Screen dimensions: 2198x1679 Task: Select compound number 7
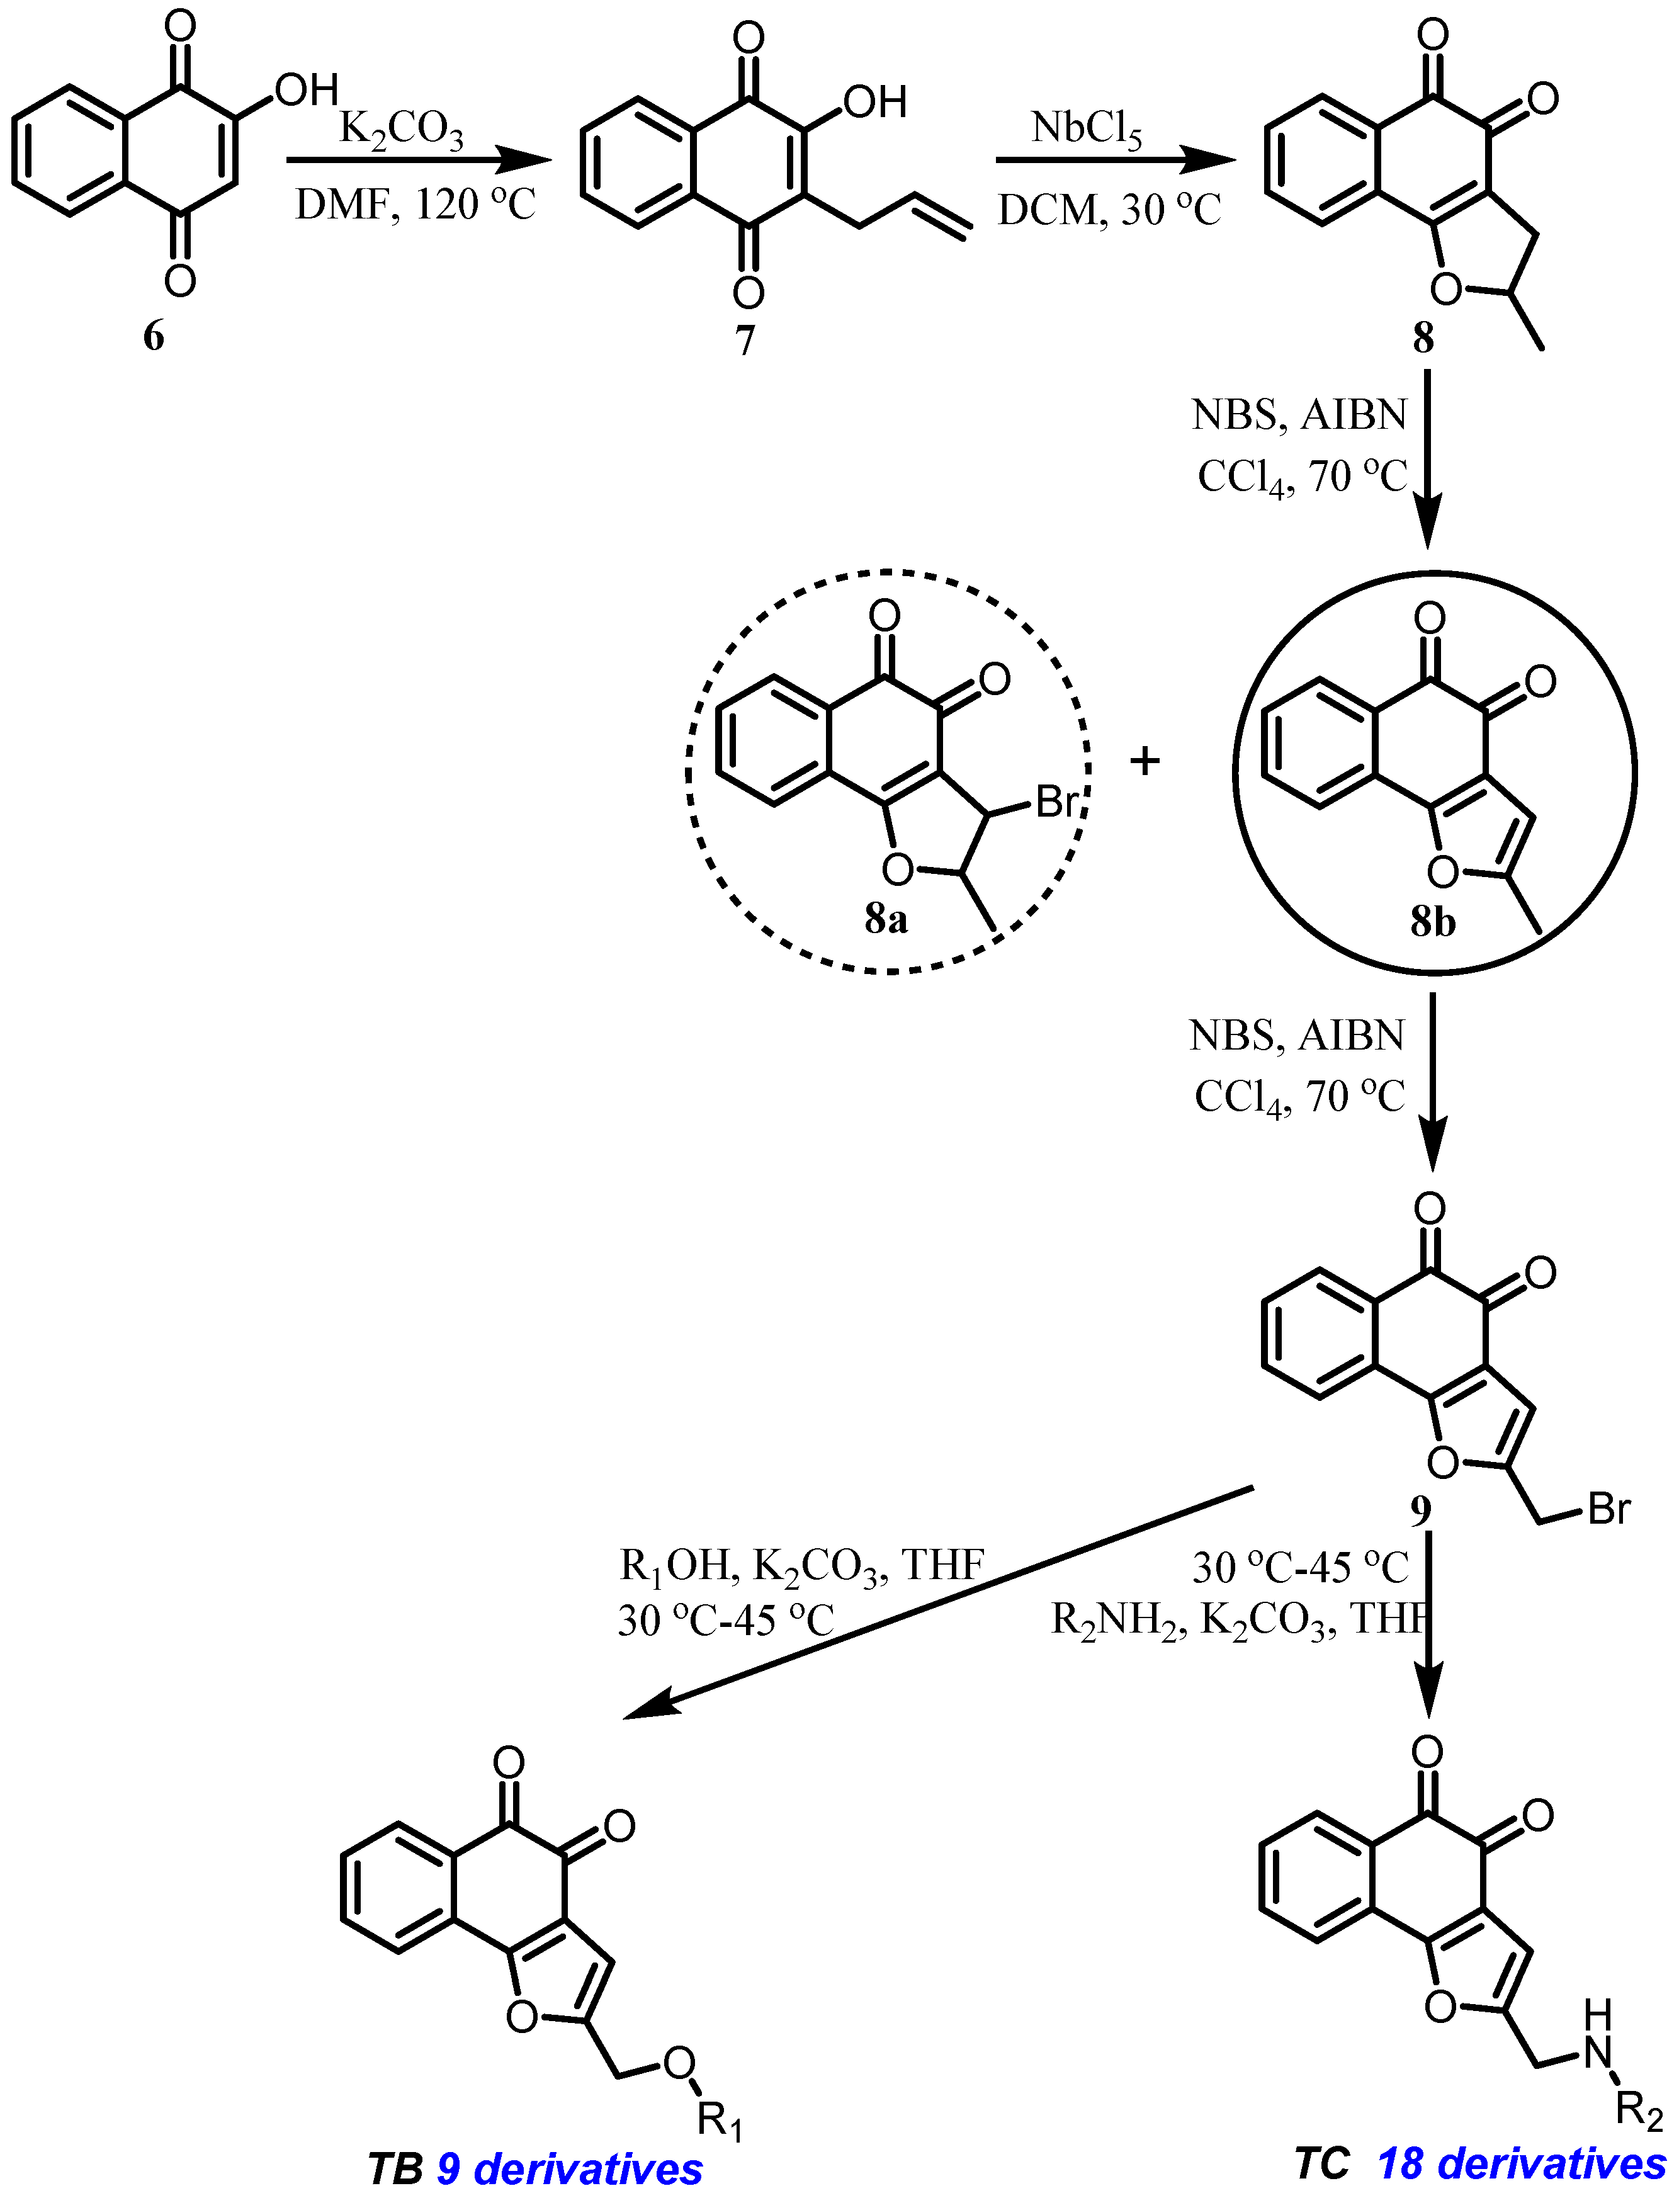(x=745, y=340)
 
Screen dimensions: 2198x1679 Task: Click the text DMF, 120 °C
(x=415, y=205)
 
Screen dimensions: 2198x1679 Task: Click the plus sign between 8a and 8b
(x=1145, y=762)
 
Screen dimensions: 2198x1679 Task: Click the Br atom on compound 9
(x=1609, y=1509)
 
